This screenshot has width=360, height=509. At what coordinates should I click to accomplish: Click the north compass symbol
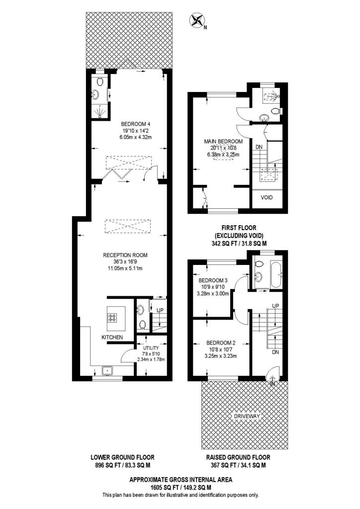click(x=198, y=21)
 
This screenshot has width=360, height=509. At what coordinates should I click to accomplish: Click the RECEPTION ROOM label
click(x=125, y=255)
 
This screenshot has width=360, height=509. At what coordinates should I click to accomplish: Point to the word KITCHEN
click(x=112, y=338)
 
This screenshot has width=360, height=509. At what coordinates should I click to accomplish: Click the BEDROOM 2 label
click(x=221, y=342)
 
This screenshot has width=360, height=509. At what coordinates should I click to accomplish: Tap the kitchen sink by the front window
click(x=106, y=370)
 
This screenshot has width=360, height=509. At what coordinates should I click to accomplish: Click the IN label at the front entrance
click(x=272, y=384)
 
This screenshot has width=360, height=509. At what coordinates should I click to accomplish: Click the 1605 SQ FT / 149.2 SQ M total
click(x=180, y=488)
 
